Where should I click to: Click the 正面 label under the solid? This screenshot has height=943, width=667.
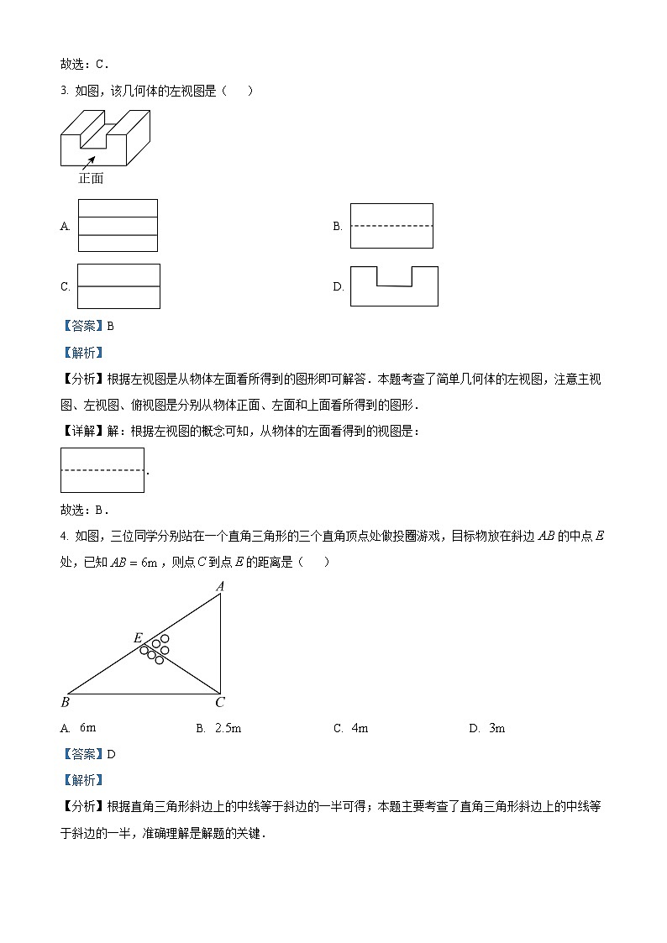(x=91, y=178)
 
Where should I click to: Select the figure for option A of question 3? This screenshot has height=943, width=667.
(x=118, y=225)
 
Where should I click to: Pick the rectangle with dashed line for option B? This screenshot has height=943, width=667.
(x=391, y=226)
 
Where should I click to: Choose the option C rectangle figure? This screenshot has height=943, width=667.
(x=118, y=286)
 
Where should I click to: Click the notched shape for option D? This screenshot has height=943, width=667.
(x=394, y=287)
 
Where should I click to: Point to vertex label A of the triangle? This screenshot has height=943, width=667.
(x=220, y=587)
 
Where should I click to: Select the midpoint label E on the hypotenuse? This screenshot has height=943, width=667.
(x=138, y=638)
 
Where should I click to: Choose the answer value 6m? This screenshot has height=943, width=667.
(x=88, y=728)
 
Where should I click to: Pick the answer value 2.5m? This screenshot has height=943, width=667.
(x=228, y=728)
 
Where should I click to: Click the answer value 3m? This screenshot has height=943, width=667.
(x=496, y=728)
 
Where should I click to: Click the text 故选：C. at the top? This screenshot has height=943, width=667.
(x=85, y=64)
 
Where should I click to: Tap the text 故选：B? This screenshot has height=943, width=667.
(x=85, y=510)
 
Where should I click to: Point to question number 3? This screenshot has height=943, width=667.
(x=64, y=92)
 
